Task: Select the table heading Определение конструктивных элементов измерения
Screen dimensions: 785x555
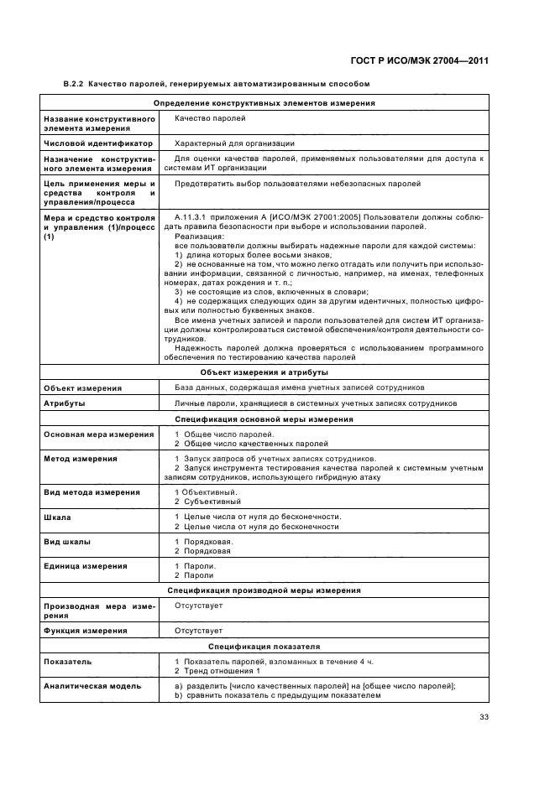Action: pyautogui.click(x=264, y=103)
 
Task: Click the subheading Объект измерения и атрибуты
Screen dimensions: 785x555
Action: pyautogui.click(x=264, y=372)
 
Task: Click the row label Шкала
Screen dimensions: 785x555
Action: pyautogui.click(x=57, y=517)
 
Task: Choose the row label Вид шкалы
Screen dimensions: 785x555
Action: pyautogui.click(x=67, y=542)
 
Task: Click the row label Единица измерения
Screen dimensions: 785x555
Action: pyautogui.click(x=85, y=566)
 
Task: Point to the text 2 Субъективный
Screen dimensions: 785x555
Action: pyautogui.click(x=202, y=502)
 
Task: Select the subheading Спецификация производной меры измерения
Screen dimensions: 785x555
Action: pyautogui.click(x=264, y=590)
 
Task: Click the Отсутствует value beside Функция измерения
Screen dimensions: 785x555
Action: pyautogui.click(x=198, y=630)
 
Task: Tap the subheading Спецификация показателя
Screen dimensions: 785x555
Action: pyautogui.click(x=264, y=647)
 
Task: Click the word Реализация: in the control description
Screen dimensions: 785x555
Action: pyautogui.click(x=195, y=236)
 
